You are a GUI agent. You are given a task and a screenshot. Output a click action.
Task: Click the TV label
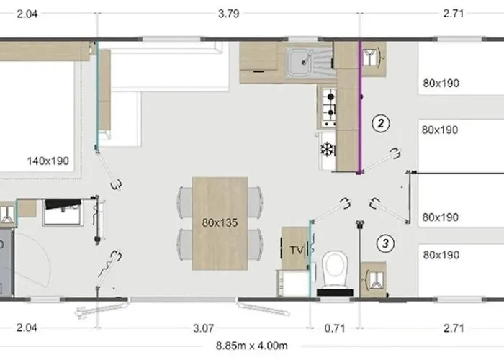tap(297, 250)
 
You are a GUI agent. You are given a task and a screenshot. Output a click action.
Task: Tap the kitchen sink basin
tap(300, 62)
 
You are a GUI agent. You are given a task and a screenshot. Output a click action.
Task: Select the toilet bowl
tap(335, 269)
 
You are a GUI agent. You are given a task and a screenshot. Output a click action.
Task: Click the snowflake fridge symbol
tap(327, 150)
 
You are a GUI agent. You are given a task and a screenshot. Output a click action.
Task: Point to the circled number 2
tap(381, 123)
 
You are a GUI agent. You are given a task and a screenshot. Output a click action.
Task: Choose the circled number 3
tap(385, 243)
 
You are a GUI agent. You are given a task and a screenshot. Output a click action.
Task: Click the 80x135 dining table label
tap(220, 222)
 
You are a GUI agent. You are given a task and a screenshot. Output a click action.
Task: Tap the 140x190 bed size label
tap(48, 161)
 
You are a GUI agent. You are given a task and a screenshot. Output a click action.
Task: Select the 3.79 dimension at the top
tap(228, 14)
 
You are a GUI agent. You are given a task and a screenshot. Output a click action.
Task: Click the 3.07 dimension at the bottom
tap(203, 328)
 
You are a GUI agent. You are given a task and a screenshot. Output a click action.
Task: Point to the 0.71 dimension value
tap(335, 328)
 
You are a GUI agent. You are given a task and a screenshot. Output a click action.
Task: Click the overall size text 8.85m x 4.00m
tap(252, 346)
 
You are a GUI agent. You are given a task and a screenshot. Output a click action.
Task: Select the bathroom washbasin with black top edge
tap(63, 212)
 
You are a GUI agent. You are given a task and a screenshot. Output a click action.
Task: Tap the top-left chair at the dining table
tap(185, 203)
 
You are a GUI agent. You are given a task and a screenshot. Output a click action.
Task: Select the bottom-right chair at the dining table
tap(255, 243)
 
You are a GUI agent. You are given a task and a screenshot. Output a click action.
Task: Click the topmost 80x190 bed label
tap(441, 84)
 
